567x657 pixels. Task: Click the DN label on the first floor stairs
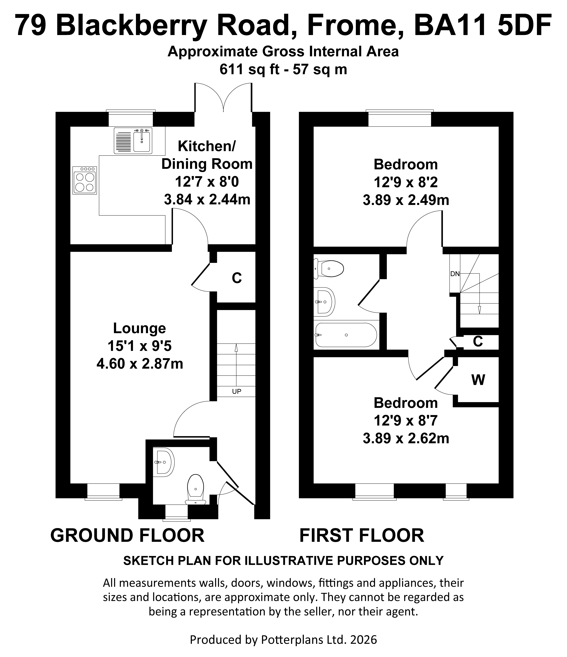pyautogui.click(x=455, y=274)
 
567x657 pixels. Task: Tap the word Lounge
pyautogui.click(x=139, y=328)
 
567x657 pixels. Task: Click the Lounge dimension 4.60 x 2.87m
pyautogui.click(x=140, y=364)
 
